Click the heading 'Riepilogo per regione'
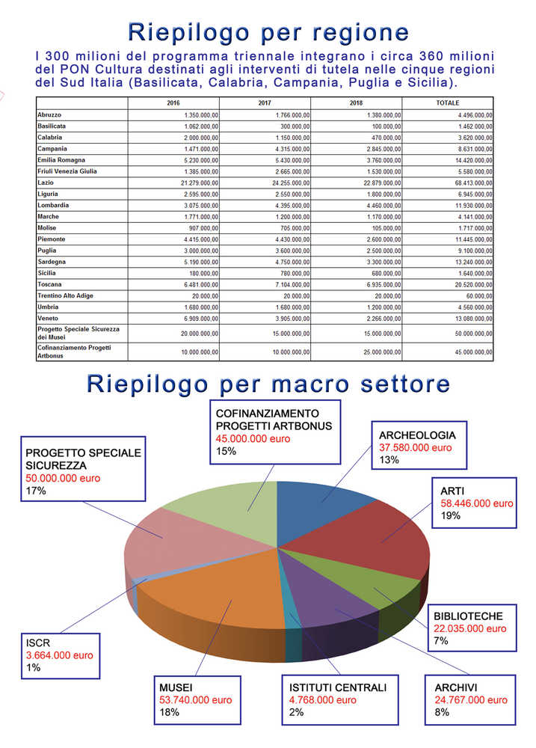(268, 32)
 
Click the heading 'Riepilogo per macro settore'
(268, 384)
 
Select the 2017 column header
(264, 102)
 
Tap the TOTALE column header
(447, 102)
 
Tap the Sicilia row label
(47, 273)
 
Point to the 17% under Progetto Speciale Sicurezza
(36, 491)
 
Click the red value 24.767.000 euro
(471, 700)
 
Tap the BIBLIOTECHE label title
(468, 616)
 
